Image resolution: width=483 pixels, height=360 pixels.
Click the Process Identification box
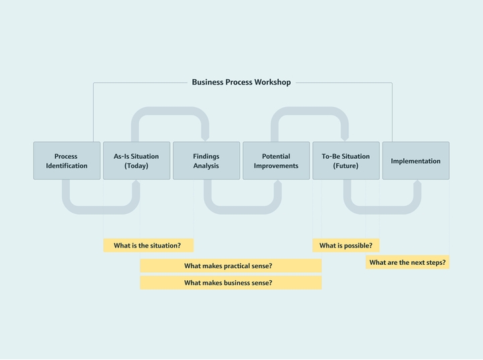click(67, 161)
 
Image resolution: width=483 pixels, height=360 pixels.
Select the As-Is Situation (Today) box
click(137, 161)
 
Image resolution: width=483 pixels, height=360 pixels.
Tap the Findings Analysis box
click(206, 161)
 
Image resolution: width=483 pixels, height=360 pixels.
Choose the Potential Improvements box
click(276, 161)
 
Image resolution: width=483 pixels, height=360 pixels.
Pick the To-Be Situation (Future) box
click(346, 161)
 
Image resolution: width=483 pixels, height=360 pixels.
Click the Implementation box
click(415, 161)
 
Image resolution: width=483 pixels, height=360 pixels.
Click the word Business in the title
click(208, 82)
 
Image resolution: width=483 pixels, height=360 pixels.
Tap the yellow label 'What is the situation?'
click(148, 245)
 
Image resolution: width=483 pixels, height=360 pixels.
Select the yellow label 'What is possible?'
click(346, 245)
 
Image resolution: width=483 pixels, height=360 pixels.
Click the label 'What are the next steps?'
click(407, 263)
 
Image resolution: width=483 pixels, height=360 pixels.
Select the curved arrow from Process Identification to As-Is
click(101, 209)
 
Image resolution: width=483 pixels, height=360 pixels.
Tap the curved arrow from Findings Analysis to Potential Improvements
click(243, 209)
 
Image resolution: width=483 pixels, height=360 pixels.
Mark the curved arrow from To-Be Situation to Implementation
click(382, 209)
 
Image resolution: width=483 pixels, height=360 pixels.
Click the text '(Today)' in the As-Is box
click(137, 166)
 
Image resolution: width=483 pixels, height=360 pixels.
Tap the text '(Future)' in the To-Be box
click(346, 166)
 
